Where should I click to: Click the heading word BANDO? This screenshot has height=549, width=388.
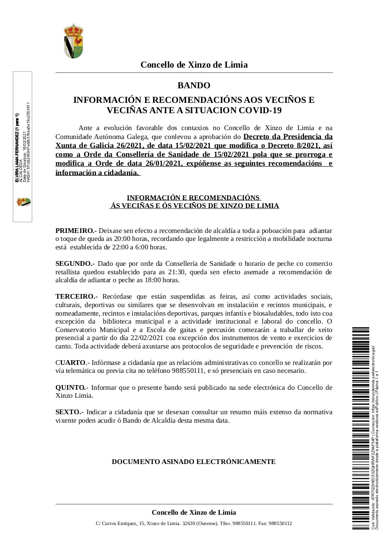click(194, 85)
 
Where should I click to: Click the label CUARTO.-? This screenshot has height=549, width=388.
click(72, 363)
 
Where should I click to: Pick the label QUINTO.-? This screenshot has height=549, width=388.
click(72, 387)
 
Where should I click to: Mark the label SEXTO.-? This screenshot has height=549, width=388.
click(70, 412)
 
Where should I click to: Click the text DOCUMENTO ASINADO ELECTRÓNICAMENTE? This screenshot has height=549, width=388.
click(194, 462)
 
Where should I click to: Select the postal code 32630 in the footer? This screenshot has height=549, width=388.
click(189, 523)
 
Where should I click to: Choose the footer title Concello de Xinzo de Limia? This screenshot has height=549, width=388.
click(194, 512)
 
